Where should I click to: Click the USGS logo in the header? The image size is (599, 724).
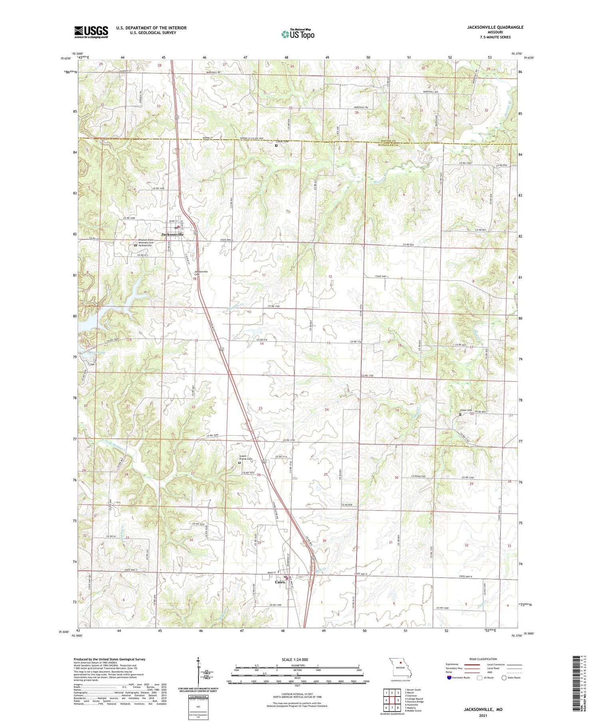[x=91, y=32]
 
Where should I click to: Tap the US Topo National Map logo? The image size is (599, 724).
[x=298, y=34]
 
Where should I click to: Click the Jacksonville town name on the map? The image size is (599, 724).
[x=172, y=234]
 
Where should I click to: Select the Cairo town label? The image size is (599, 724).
[x=280, y=582]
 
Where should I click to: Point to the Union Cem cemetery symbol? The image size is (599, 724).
[x=460, y=414]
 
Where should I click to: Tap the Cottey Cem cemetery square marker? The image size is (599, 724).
[x=276, y=146]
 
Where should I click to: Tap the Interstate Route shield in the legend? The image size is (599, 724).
[x=449, y=678]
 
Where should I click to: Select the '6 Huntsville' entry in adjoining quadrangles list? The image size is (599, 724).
[x=413, y=704]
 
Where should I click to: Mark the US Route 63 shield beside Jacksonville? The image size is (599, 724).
[x=195, y=232]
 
